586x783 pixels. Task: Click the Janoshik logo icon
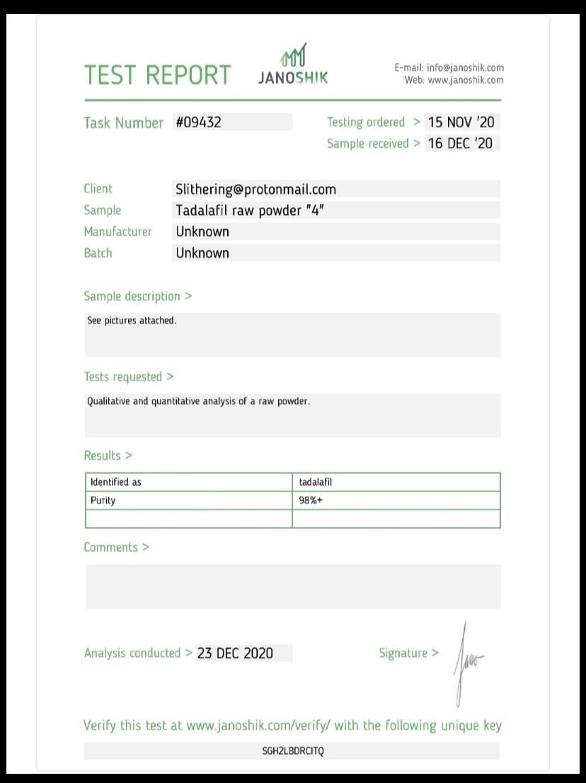coord(294,56)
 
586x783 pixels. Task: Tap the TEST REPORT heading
coord(157,75)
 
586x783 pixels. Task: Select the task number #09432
coord(198,122)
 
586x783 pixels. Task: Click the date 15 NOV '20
coord(461,122)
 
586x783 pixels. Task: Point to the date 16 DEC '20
coord(460,144)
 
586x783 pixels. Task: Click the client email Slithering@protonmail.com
coord(255,190)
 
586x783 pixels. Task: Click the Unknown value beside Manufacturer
coord(202,231)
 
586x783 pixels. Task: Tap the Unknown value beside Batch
coord(202,253)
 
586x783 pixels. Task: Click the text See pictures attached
coord(132,320)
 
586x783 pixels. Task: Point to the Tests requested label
coord(128,377)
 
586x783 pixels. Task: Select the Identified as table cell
coord(116,482)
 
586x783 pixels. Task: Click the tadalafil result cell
coord(316,482)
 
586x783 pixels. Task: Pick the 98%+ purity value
coord(311,500)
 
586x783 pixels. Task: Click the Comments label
coord(116,547)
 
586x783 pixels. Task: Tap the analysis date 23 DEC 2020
coord(235,653)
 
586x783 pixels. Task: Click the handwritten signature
coord(467,662)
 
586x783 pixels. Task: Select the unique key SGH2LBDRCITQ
coord(292,750)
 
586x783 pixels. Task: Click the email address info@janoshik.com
coord(465,68)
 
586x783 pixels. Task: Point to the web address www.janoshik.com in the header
coord(466,80)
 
